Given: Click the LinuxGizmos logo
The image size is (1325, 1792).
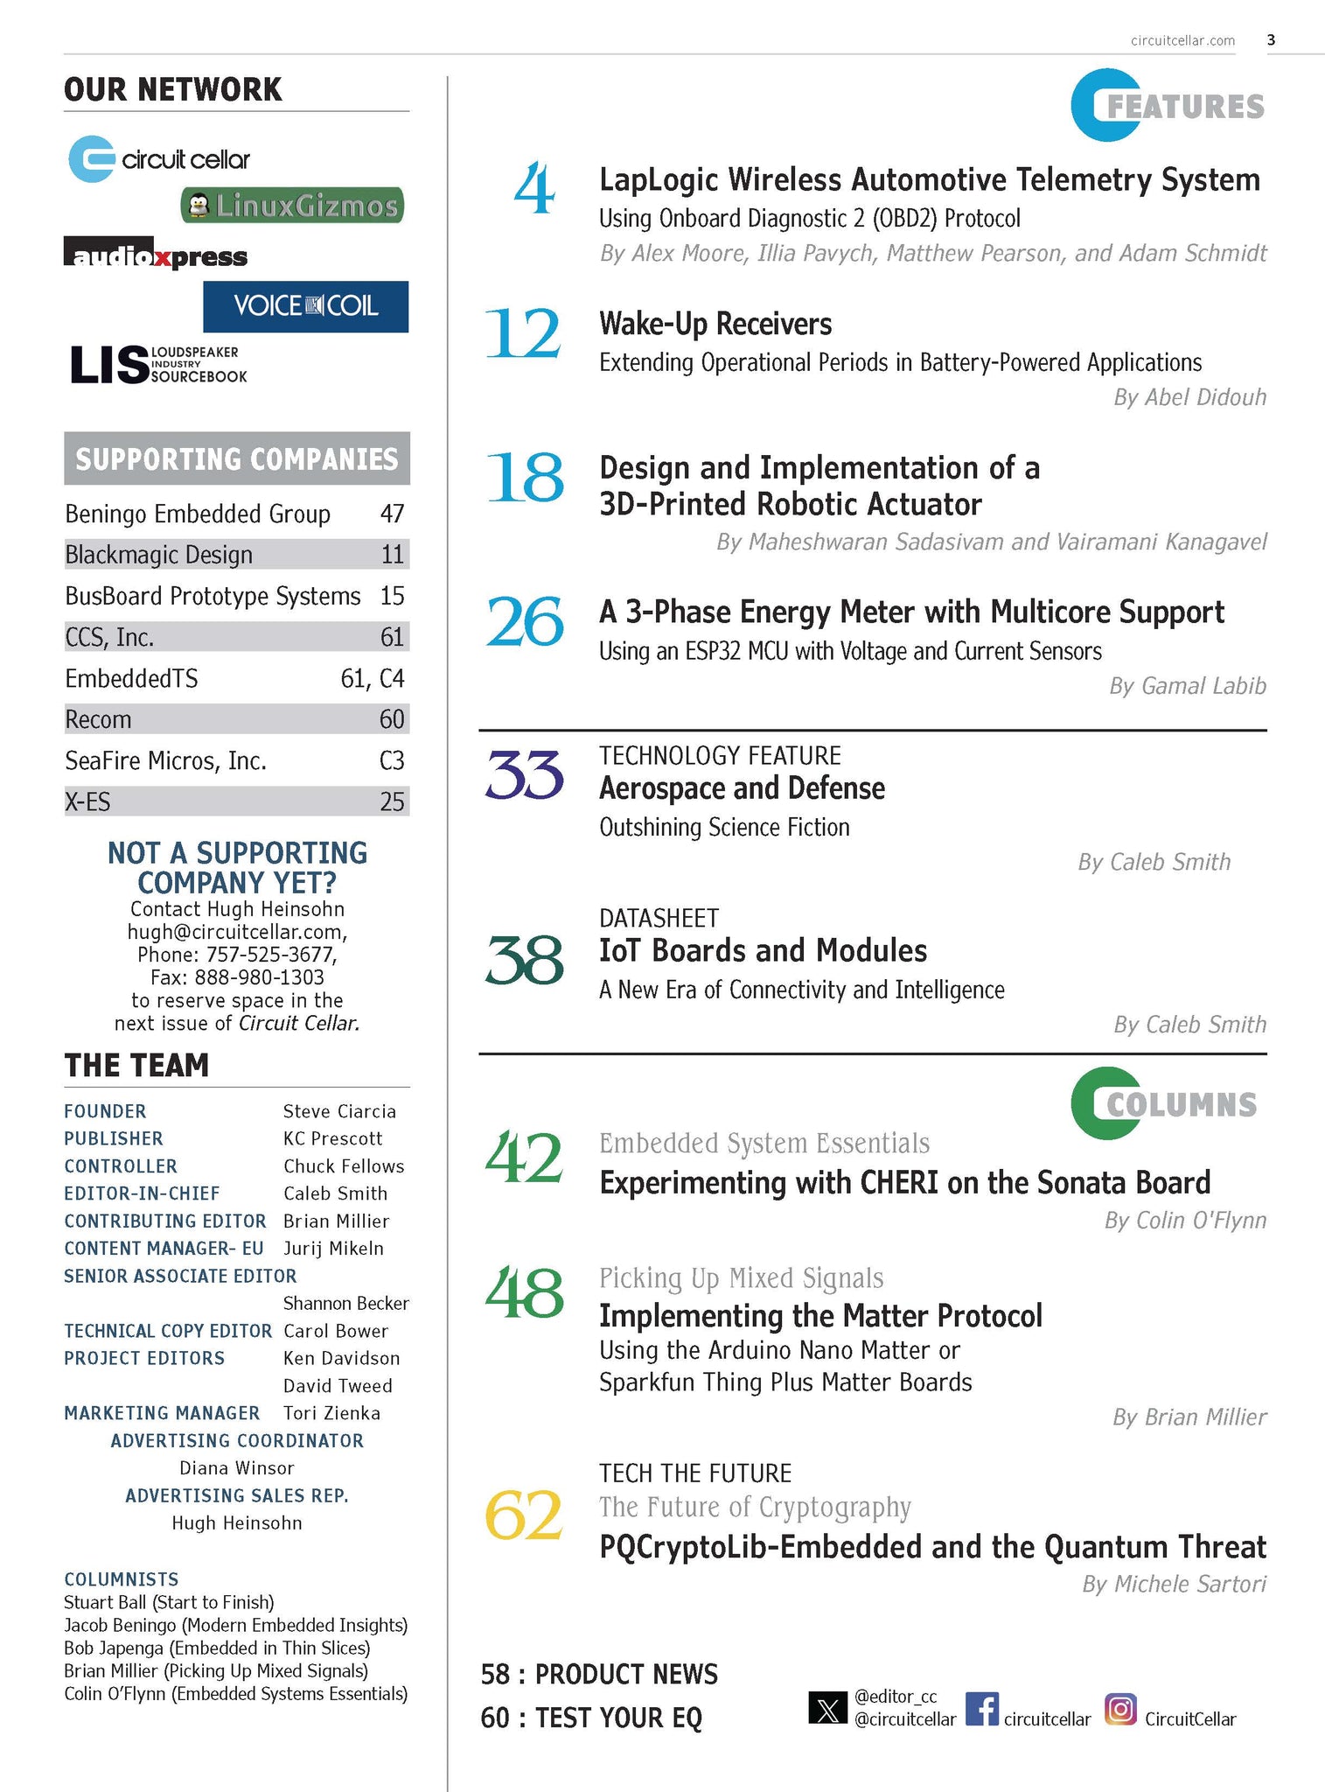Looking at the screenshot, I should point(293,206).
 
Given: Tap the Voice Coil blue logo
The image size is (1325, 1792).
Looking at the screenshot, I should point(305,306).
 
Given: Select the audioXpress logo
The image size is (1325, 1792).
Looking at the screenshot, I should point(156,255).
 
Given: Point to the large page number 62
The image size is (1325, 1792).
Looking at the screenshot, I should point(523,1515).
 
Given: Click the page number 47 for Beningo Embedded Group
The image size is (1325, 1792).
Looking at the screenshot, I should point(392,514).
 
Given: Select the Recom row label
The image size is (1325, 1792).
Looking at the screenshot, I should point(98,719).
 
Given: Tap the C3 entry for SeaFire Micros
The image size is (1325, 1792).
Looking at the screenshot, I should point(391,760).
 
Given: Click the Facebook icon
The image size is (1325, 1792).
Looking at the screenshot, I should point(981,1708).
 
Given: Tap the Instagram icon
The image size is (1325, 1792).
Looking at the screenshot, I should point(1120,1708).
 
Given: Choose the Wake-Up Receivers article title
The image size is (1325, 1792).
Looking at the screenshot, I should point(715,324).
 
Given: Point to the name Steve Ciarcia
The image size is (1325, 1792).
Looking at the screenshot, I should point(339,1111).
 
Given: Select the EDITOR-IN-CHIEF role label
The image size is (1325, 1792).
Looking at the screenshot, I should point(142,1193).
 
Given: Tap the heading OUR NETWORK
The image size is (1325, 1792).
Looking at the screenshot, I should point(173,89).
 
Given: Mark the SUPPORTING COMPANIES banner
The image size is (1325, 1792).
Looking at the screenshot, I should point(236,458).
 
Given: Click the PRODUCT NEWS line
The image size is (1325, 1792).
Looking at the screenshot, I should point(599,1674).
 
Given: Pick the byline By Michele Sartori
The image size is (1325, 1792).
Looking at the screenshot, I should point(1174,1584).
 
